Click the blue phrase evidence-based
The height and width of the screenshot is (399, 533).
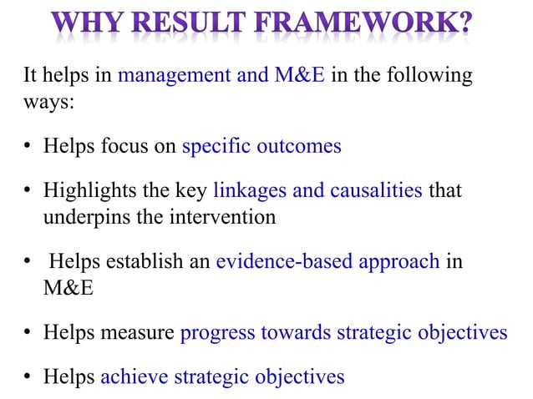pos(284,260)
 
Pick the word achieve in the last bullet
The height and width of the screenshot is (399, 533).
pos(134,376)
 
